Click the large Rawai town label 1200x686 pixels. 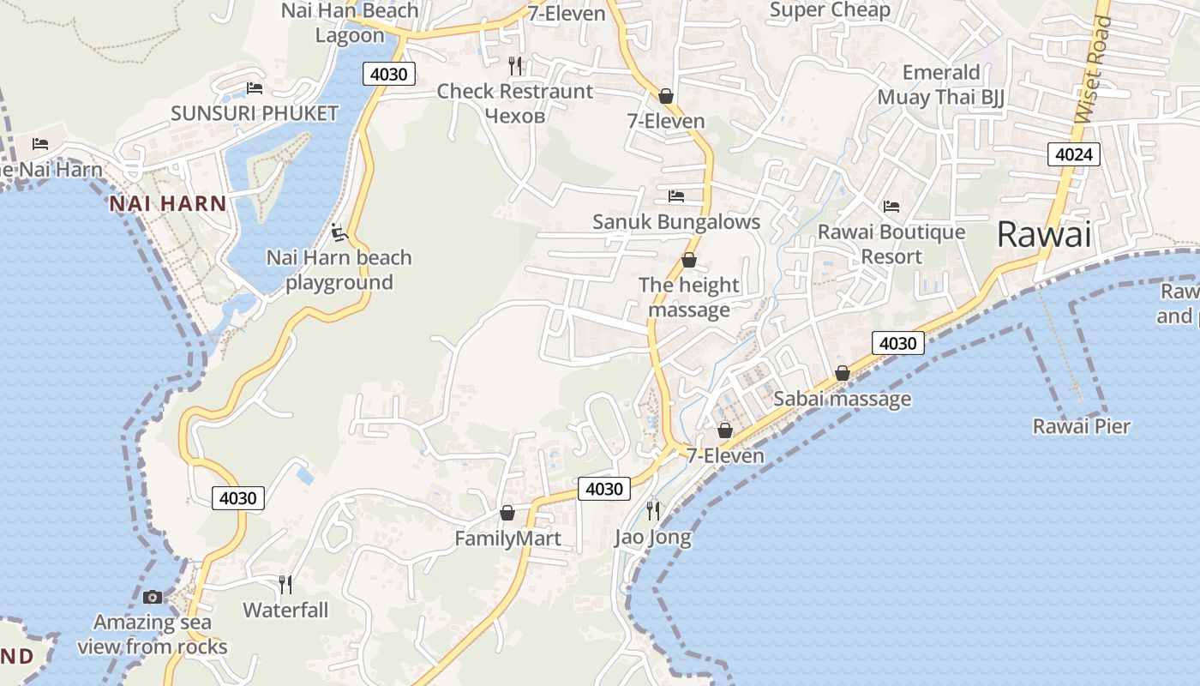pos(1044,234)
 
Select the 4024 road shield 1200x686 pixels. pos(1073,154)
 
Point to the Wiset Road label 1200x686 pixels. pos(1092,69)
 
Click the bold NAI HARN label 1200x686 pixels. pos(168,204)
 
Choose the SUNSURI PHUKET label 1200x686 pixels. pos(255,113)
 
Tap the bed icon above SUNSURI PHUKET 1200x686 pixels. pos(254,88)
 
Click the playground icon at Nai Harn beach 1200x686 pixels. pos(339,232)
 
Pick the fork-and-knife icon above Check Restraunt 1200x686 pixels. pos(515,66)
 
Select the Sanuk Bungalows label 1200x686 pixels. pos(676,222)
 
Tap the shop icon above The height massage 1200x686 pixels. pos(688,260)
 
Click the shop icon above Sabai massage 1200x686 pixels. pos(842,374)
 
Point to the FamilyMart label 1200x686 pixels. pos(507,539)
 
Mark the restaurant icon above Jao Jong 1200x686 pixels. pos(653,511)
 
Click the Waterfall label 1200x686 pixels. pos(285,611)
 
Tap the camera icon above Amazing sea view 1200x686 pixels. pos(153,597)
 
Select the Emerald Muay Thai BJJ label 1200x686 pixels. pos(940,84)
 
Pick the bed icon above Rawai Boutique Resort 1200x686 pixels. pos(891,207)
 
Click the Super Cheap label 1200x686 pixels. pos(830,10)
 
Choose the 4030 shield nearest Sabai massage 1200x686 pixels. pos(898,343)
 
